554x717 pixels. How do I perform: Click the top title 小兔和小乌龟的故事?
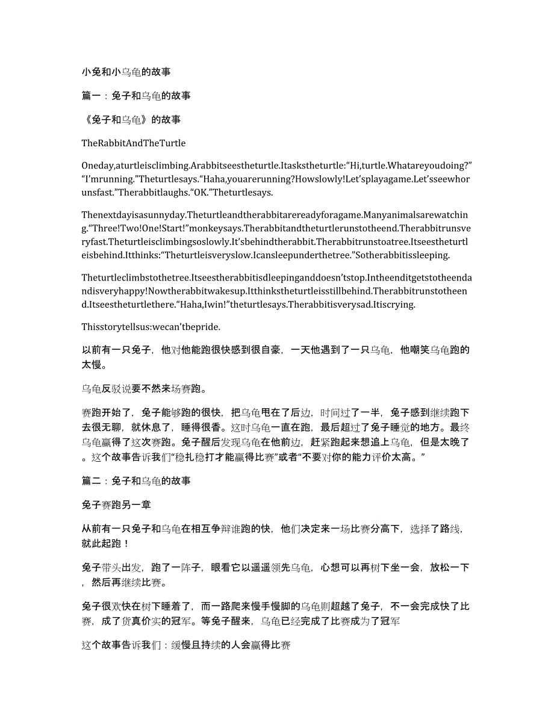126,72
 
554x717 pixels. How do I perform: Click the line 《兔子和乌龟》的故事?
131,119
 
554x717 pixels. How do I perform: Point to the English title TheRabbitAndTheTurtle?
134,143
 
